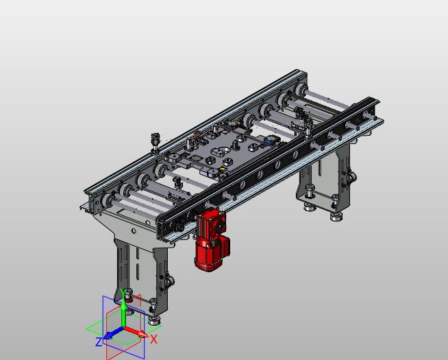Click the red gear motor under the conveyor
pyautogui.click(x=212, y=240)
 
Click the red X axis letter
pyautogui.click(x=153, y=339)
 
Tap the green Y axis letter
pyautogui.click(x=123, y=292)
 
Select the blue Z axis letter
pyautogui.click(x=99, y=342)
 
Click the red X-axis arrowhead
pyautogui.click(x=143, y=334)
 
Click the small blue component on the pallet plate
pyautogui.click(x=269, y=141)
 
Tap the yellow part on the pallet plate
pyautogui.click(x=222, y=169)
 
